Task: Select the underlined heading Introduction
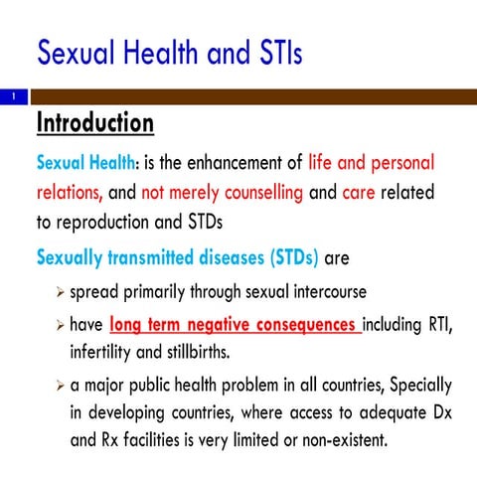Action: point(94,123)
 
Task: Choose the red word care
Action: point(358,193)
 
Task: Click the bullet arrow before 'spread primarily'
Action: point(60,293)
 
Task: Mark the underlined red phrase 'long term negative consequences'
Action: point(234,324)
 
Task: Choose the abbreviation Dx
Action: point(438,411)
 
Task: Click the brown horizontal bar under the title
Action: point(248,96)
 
